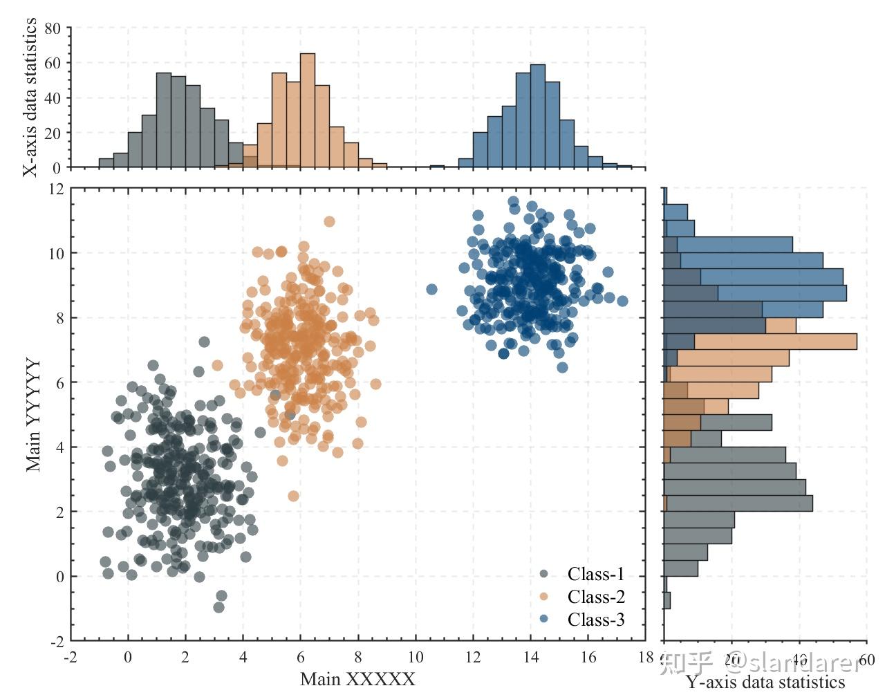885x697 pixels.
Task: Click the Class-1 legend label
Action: (x=595, y=574)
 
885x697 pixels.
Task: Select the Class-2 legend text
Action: (x=595, y=597)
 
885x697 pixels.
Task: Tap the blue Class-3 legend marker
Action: (x=543, y=620)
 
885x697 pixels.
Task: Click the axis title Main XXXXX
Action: (x=357, y=679)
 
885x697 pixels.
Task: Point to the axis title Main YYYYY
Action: (x=33, y=415)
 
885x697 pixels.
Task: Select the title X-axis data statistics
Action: (x=30, y=97)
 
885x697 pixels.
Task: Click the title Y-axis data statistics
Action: (x=765, y=682)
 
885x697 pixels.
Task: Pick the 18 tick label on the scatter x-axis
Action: (x=645, y=657)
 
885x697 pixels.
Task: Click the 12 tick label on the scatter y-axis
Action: (x=56, y=189)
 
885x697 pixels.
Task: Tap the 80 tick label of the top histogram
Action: (x=53, y=28)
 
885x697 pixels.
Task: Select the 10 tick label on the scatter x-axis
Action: (x=415, y=657)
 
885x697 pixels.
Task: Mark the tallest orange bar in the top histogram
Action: (x=308, y=111)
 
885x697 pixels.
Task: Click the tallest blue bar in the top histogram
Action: (x=537, y=116)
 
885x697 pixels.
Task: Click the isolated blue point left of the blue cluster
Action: (x=431, y=289)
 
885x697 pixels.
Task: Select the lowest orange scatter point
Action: (x=293, y=496)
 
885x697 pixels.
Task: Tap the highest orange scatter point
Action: (x=329, y=221)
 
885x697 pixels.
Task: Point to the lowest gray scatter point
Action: (x=218, y=607)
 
